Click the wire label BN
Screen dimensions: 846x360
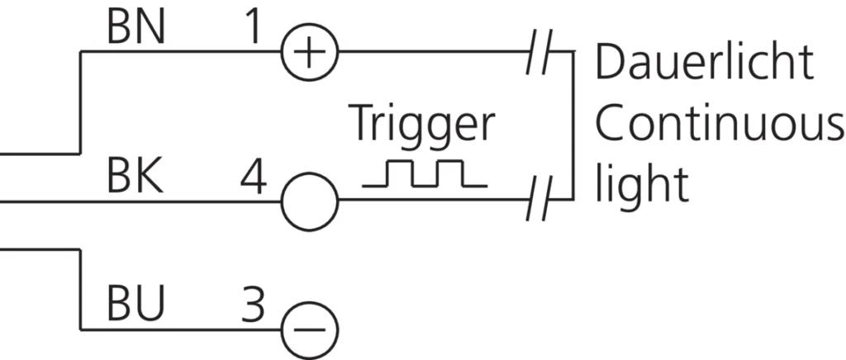point(135,29)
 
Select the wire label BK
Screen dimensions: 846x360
point(135,178)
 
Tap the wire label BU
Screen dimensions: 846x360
point(135,305)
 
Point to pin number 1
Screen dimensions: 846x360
point(251,29)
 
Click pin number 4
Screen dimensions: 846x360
point(253,178)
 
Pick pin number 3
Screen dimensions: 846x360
point(253,305)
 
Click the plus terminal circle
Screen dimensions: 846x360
point(310,52)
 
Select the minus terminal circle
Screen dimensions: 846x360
point(310,329)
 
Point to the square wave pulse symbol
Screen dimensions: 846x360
point(425,173)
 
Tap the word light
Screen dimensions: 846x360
point(642,183)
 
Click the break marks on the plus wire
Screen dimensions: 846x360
point(540,52)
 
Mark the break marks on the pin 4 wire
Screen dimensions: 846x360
point(540,199)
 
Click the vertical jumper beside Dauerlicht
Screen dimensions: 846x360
point(572,126)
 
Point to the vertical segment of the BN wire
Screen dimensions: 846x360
point(80,103)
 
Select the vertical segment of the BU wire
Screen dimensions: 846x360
point(80,289)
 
